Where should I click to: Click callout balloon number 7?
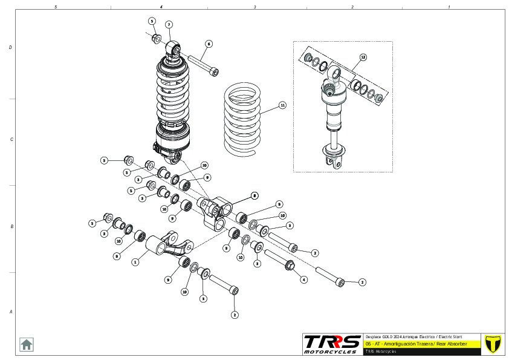[169, 25]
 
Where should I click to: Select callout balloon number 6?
[209, 44]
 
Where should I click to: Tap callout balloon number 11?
[282, 105]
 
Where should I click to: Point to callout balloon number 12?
[363, 57]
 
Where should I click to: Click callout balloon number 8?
[254, 195]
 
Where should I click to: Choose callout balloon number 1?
[135, 262]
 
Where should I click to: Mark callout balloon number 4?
[303, 280]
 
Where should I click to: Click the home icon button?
[27, 344]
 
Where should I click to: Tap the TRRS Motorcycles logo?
[332, 344]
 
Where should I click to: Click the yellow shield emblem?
[494, 343]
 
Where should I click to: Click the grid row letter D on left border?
[10, 47]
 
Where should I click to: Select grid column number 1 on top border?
[449, 7]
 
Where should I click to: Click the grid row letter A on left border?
[10, 312]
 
